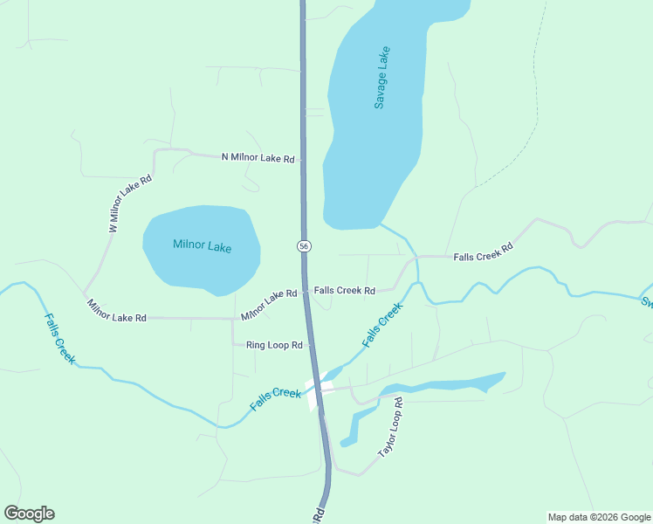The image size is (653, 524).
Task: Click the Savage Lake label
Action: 381,78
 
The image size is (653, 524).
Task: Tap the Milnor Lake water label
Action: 202,246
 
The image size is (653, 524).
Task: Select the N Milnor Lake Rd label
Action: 258,158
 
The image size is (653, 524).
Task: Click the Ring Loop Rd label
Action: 274,345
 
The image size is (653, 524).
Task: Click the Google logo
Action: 29,514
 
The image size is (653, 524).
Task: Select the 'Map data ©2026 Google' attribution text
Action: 599,517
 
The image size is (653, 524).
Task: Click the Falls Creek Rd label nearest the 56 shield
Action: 344,290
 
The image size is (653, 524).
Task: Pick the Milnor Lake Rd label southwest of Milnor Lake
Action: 116,311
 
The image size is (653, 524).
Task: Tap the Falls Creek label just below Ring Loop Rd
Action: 275,399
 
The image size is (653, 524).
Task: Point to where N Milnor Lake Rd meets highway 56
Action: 303,159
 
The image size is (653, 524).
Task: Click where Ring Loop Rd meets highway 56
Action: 309,345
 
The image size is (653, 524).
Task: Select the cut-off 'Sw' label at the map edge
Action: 647,303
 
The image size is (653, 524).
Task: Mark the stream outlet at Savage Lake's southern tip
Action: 381,225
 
